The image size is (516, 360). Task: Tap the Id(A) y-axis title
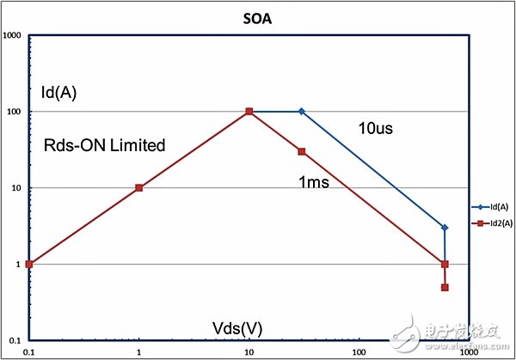coord(58,93)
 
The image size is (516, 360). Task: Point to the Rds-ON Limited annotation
coord(104,145)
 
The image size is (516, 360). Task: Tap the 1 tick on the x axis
coord(139,352)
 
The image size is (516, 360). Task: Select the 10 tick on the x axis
coord(249,352)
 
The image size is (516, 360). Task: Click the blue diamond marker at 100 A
coord(301,112)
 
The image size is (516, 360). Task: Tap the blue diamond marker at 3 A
coord(445,228)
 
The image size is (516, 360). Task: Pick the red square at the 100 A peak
coord(249,112)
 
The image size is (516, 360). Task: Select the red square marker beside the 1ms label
coord(302,152)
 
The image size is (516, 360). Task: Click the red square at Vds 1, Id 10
coord(139,187)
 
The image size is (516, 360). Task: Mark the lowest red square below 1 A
coord(445,287)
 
